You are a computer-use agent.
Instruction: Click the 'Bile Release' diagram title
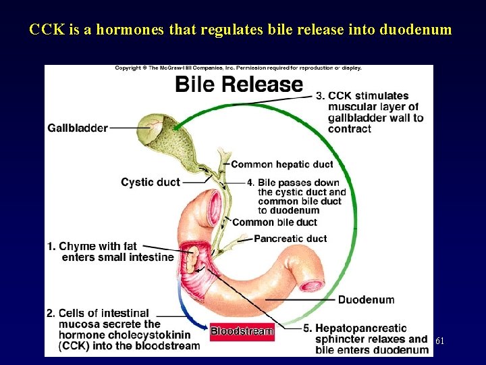[239, 84]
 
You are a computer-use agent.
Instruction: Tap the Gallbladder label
[78, 128]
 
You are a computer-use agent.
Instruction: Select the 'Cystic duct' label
[151, 182]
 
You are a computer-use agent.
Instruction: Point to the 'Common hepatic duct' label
[282, 164]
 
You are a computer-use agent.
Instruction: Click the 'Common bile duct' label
[275, 222]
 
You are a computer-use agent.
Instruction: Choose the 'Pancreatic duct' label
[290, 239]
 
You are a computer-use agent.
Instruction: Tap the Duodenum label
[366, 299]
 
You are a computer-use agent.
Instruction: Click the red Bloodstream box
[242, 331]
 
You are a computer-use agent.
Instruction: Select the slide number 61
[439, 341]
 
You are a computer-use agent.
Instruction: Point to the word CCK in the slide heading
[45, 30]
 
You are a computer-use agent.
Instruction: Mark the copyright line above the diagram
[238, 68]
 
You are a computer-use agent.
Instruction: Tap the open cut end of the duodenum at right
[312, 283]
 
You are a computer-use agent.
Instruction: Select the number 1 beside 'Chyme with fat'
[51, 246]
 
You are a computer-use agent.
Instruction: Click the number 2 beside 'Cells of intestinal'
[51, 313]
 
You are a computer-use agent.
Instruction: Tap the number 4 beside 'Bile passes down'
[250, 182]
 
